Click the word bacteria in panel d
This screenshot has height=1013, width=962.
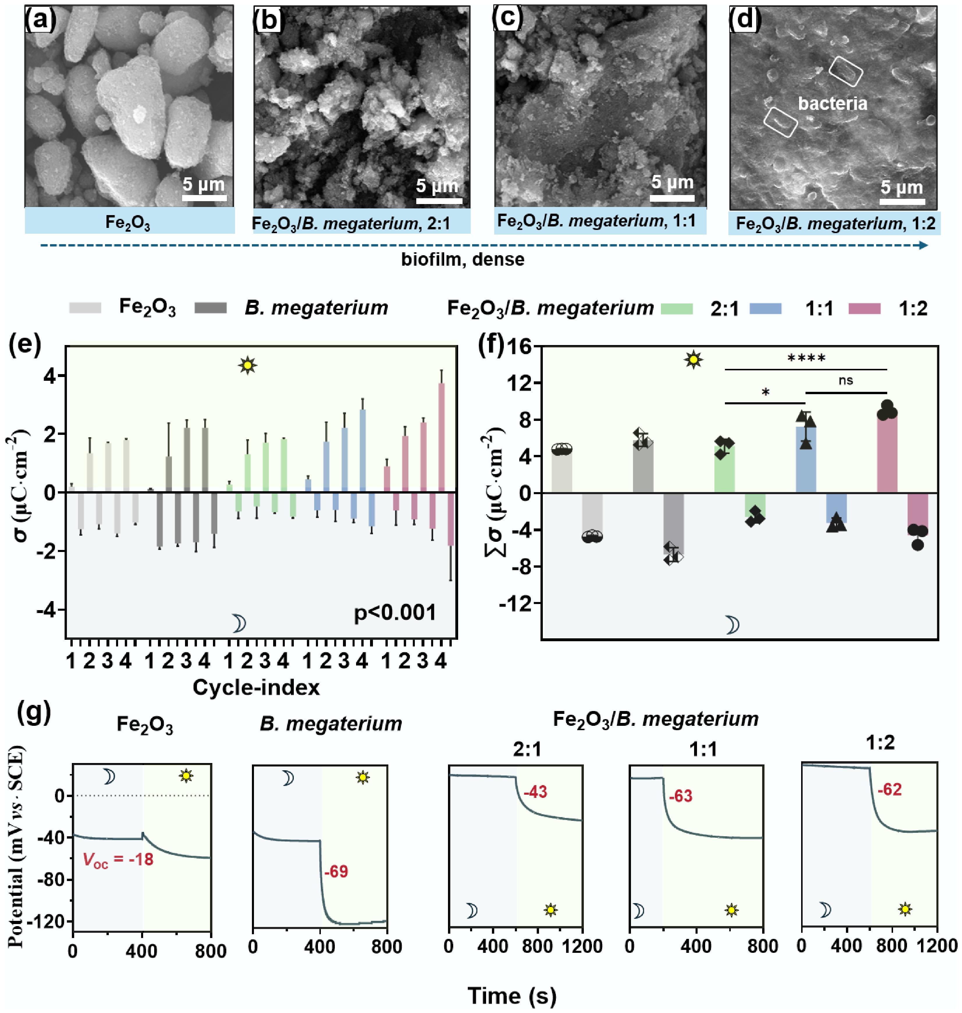[x=832, y=104]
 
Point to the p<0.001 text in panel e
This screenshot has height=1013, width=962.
[x=395, y=612]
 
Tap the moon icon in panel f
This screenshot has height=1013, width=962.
[x=732, y=625]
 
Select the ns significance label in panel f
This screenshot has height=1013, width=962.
[x=846, y=380]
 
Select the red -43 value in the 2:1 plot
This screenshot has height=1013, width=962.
[x=535, y=792]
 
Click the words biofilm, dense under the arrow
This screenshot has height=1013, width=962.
[x=463, y=259]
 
